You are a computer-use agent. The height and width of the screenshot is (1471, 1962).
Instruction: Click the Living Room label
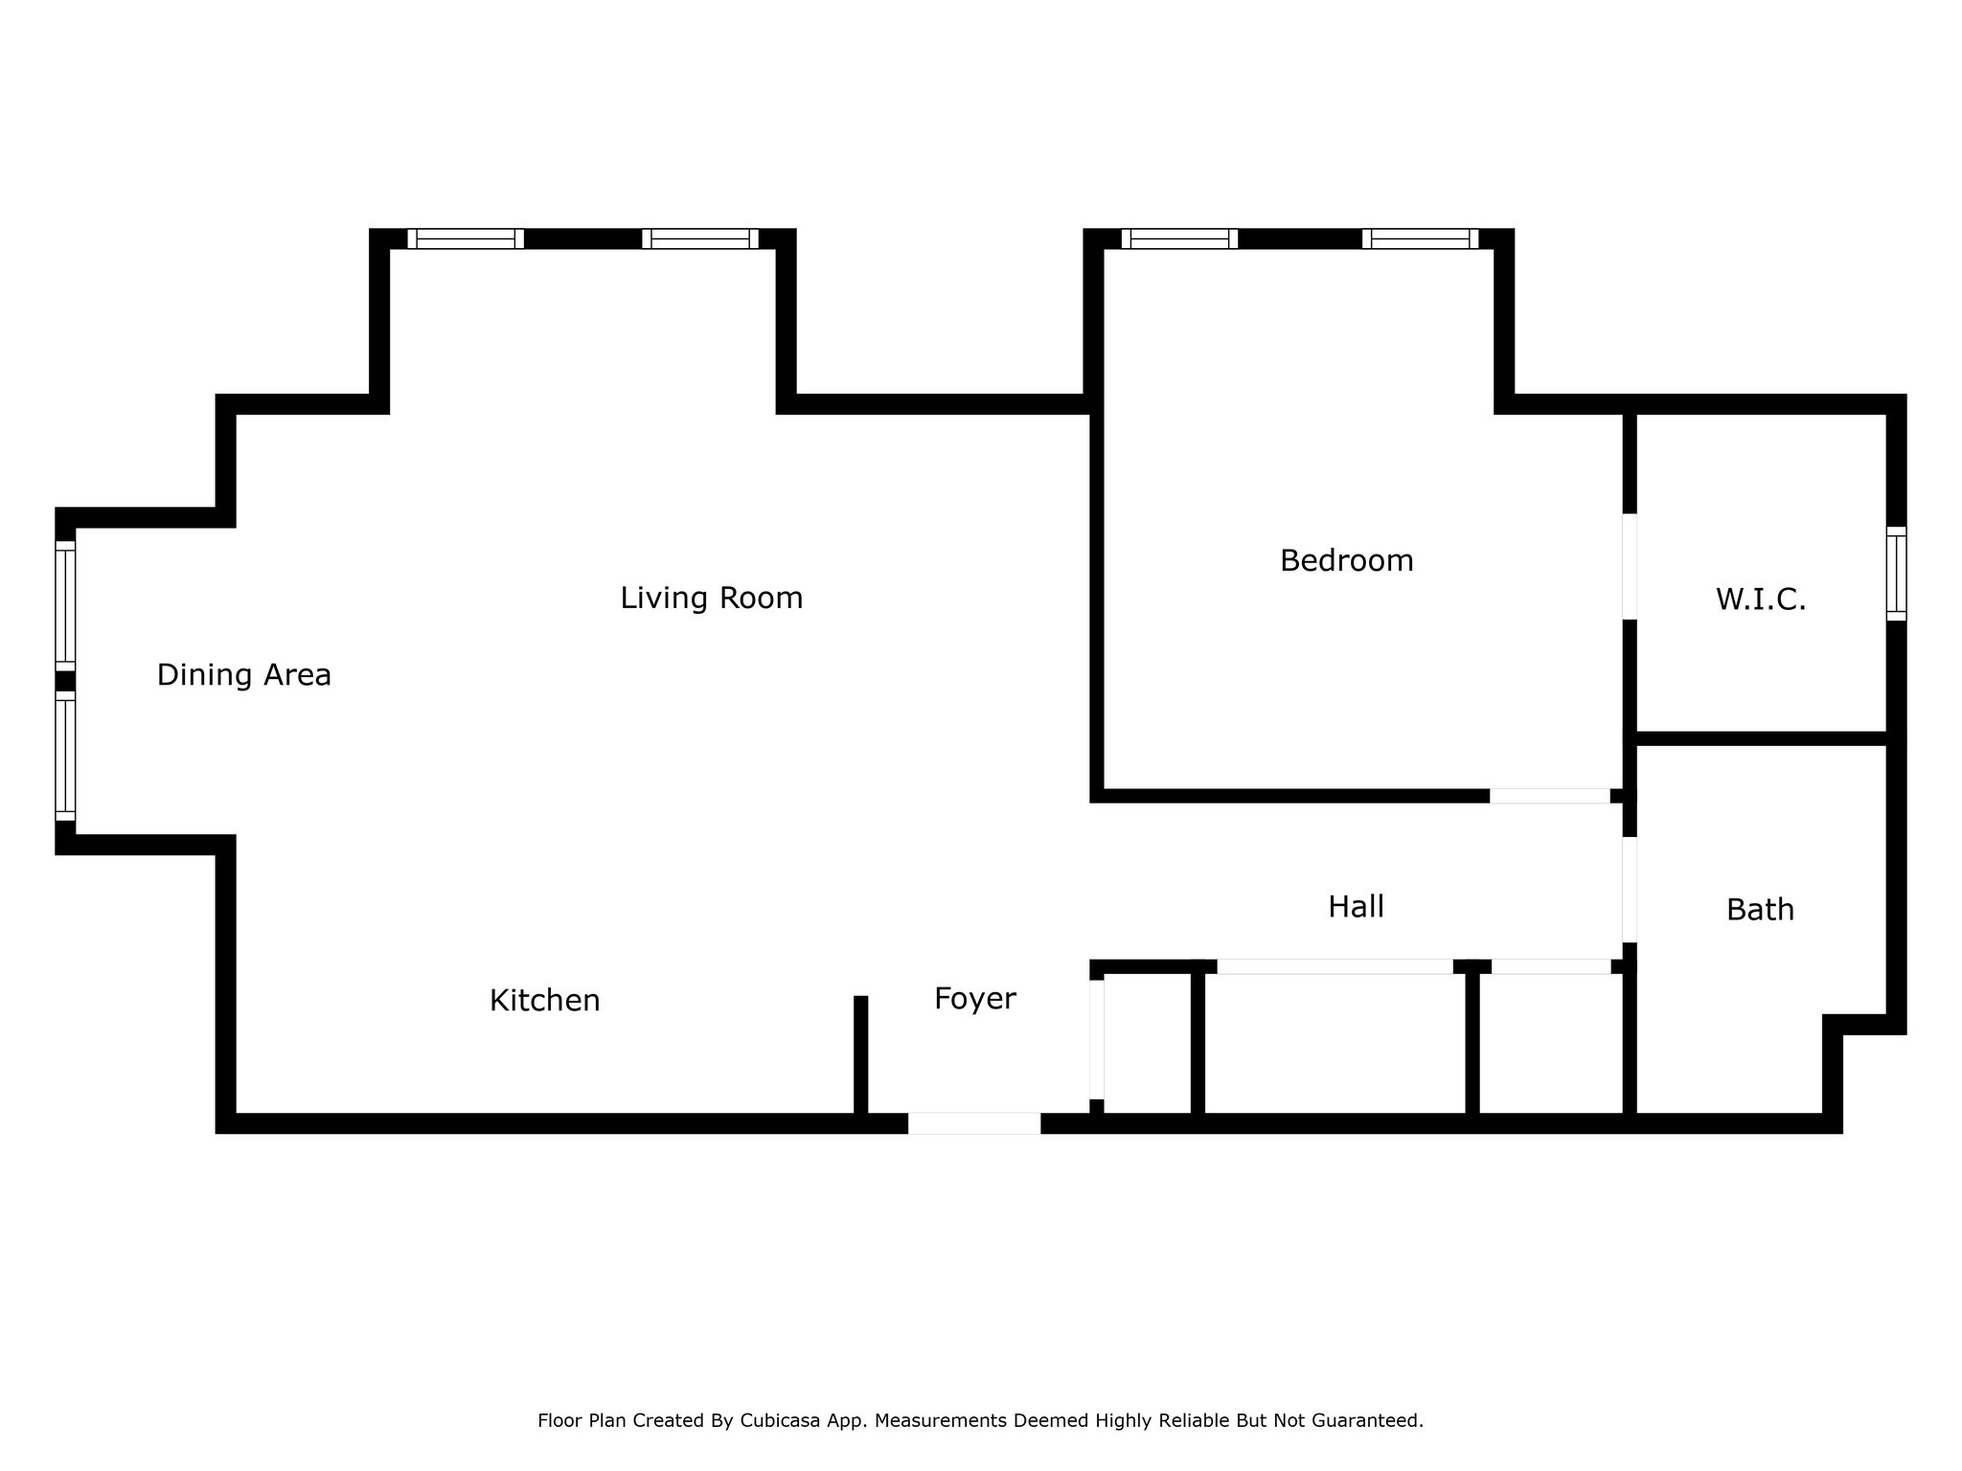point(711,598)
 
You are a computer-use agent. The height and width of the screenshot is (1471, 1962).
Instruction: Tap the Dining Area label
point(244,675)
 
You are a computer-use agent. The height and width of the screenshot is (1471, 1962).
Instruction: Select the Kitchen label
point(545,1001)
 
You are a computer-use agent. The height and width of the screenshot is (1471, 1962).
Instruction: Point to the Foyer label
point(975,1000)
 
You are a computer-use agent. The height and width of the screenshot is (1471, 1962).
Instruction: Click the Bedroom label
point(1347,560)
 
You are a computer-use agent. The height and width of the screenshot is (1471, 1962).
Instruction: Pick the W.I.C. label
point(1761,600)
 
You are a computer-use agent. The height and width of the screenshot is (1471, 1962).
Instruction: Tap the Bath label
point(1761,910)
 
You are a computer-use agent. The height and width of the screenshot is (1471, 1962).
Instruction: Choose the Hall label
point(1357,906)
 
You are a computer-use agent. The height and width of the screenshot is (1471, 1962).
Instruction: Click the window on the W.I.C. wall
point(1896,574)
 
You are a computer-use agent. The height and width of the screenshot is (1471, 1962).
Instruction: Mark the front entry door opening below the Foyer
point(974,1123)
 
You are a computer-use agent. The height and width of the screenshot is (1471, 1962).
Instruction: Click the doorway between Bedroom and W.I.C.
point(1629,566)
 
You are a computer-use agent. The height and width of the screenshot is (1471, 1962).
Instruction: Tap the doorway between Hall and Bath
point(1629,890)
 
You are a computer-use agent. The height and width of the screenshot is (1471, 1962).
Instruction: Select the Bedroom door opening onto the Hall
point(1550,796)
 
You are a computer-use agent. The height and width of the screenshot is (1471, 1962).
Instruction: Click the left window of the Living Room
point(466,238)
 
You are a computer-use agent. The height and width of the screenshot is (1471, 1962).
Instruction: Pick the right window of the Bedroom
point(1420,238)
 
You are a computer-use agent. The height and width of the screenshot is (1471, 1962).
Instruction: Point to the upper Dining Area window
point(65,606)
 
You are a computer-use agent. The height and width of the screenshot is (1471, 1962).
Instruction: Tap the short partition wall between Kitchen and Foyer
point(860,1055)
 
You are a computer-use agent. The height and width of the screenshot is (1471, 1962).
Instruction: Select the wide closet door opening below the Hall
point(1335,966)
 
